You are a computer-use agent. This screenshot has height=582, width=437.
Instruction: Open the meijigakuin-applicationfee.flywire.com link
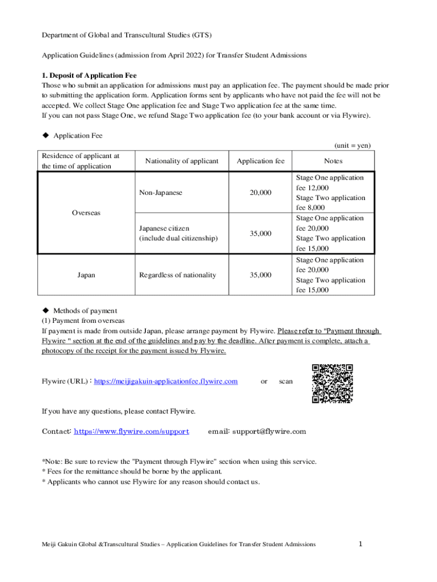click(165, 381)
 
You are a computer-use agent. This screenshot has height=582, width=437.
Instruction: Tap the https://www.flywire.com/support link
click(131, 431)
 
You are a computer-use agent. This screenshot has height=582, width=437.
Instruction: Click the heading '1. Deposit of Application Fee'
click(89, 75)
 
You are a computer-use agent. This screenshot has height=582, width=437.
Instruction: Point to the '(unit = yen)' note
click(352, 145)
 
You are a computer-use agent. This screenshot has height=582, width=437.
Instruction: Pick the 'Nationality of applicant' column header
click(182, 161)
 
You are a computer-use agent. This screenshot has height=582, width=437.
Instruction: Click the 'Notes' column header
click(334, 161)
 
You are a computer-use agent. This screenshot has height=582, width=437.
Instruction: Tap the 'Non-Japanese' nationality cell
click(161, 193)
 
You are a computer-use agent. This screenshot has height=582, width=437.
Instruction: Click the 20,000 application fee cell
click(260, 193)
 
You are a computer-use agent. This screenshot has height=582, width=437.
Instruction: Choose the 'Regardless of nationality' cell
click(178, 275)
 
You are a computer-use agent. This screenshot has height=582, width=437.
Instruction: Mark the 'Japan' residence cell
click(86, 275)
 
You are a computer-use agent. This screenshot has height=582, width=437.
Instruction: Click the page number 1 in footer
click(360, 544)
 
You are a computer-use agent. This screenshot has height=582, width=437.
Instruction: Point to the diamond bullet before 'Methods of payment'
click(45, 310)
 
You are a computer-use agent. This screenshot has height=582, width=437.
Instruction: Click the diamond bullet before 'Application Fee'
click(45, 136)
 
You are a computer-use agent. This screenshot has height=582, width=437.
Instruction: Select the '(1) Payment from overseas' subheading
click(83, 321)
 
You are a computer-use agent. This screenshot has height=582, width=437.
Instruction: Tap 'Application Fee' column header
click(260, 161)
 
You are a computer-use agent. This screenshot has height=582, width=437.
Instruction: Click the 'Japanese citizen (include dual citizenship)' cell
click(178, 233)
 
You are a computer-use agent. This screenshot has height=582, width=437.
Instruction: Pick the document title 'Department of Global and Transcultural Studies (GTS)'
click(127, 35)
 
